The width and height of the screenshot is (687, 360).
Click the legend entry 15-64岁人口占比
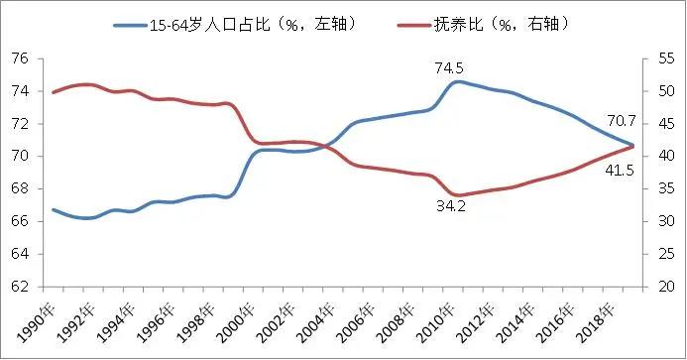click(234, 22)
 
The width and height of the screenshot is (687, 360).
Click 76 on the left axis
click(18, 59)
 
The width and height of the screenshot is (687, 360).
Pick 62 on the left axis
click(18, 287)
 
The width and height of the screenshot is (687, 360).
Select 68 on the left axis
click(18, 188)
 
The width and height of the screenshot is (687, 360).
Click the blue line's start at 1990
click(53, 209)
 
